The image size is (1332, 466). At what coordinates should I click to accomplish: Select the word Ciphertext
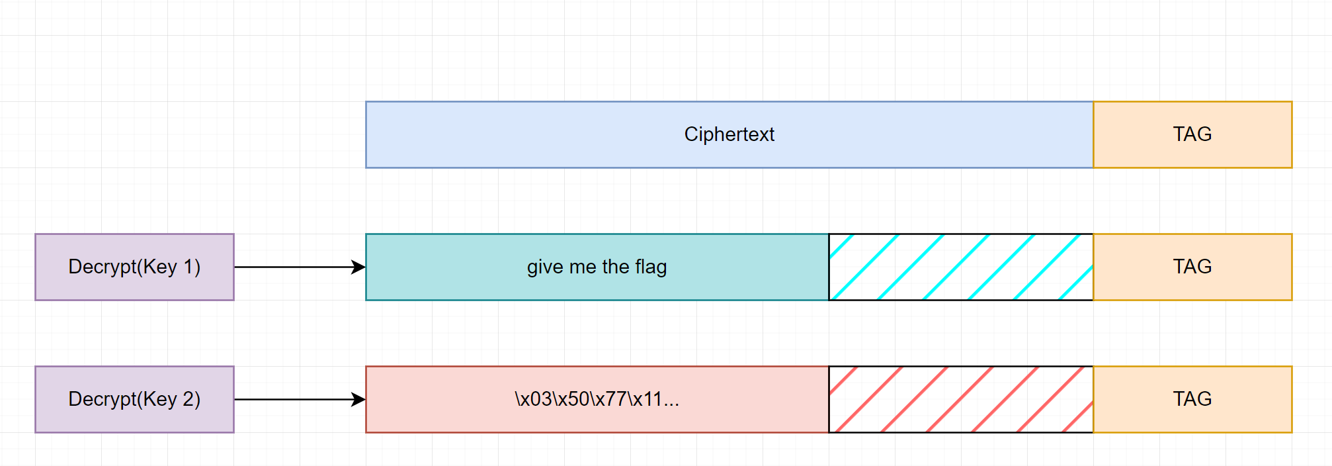click(x=729, y=134)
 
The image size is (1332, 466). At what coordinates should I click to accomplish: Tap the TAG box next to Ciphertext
click(x=1192, y=134)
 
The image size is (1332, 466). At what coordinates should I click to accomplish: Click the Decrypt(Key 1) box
click(x=134, y=267)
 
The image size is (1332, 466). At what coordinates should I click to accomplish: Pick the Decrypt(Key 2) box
click(x=134, y=399)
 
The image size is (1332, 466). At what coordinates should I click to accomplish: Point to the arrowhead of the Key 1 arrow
click(x=358, y=267)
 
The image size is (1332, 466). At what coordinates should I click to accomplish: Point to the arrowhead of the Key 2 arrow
click(x=358, y=399)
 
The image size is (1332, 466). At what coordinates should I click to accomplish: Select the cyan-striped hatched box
click(x=960, y=267)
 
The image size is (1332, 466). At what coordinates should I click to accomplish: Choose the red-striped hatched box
click(x=960, y=399)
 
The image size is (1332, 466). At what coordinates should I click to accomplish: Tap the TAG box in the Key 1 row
click(x=1192, y=267)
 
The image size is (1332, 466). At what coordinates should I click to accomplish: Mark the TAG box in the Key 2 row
click(x=1192, y=399)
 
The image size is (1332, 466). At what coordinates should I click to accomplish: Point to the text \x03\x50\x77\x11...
click(x=597, y=399)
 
